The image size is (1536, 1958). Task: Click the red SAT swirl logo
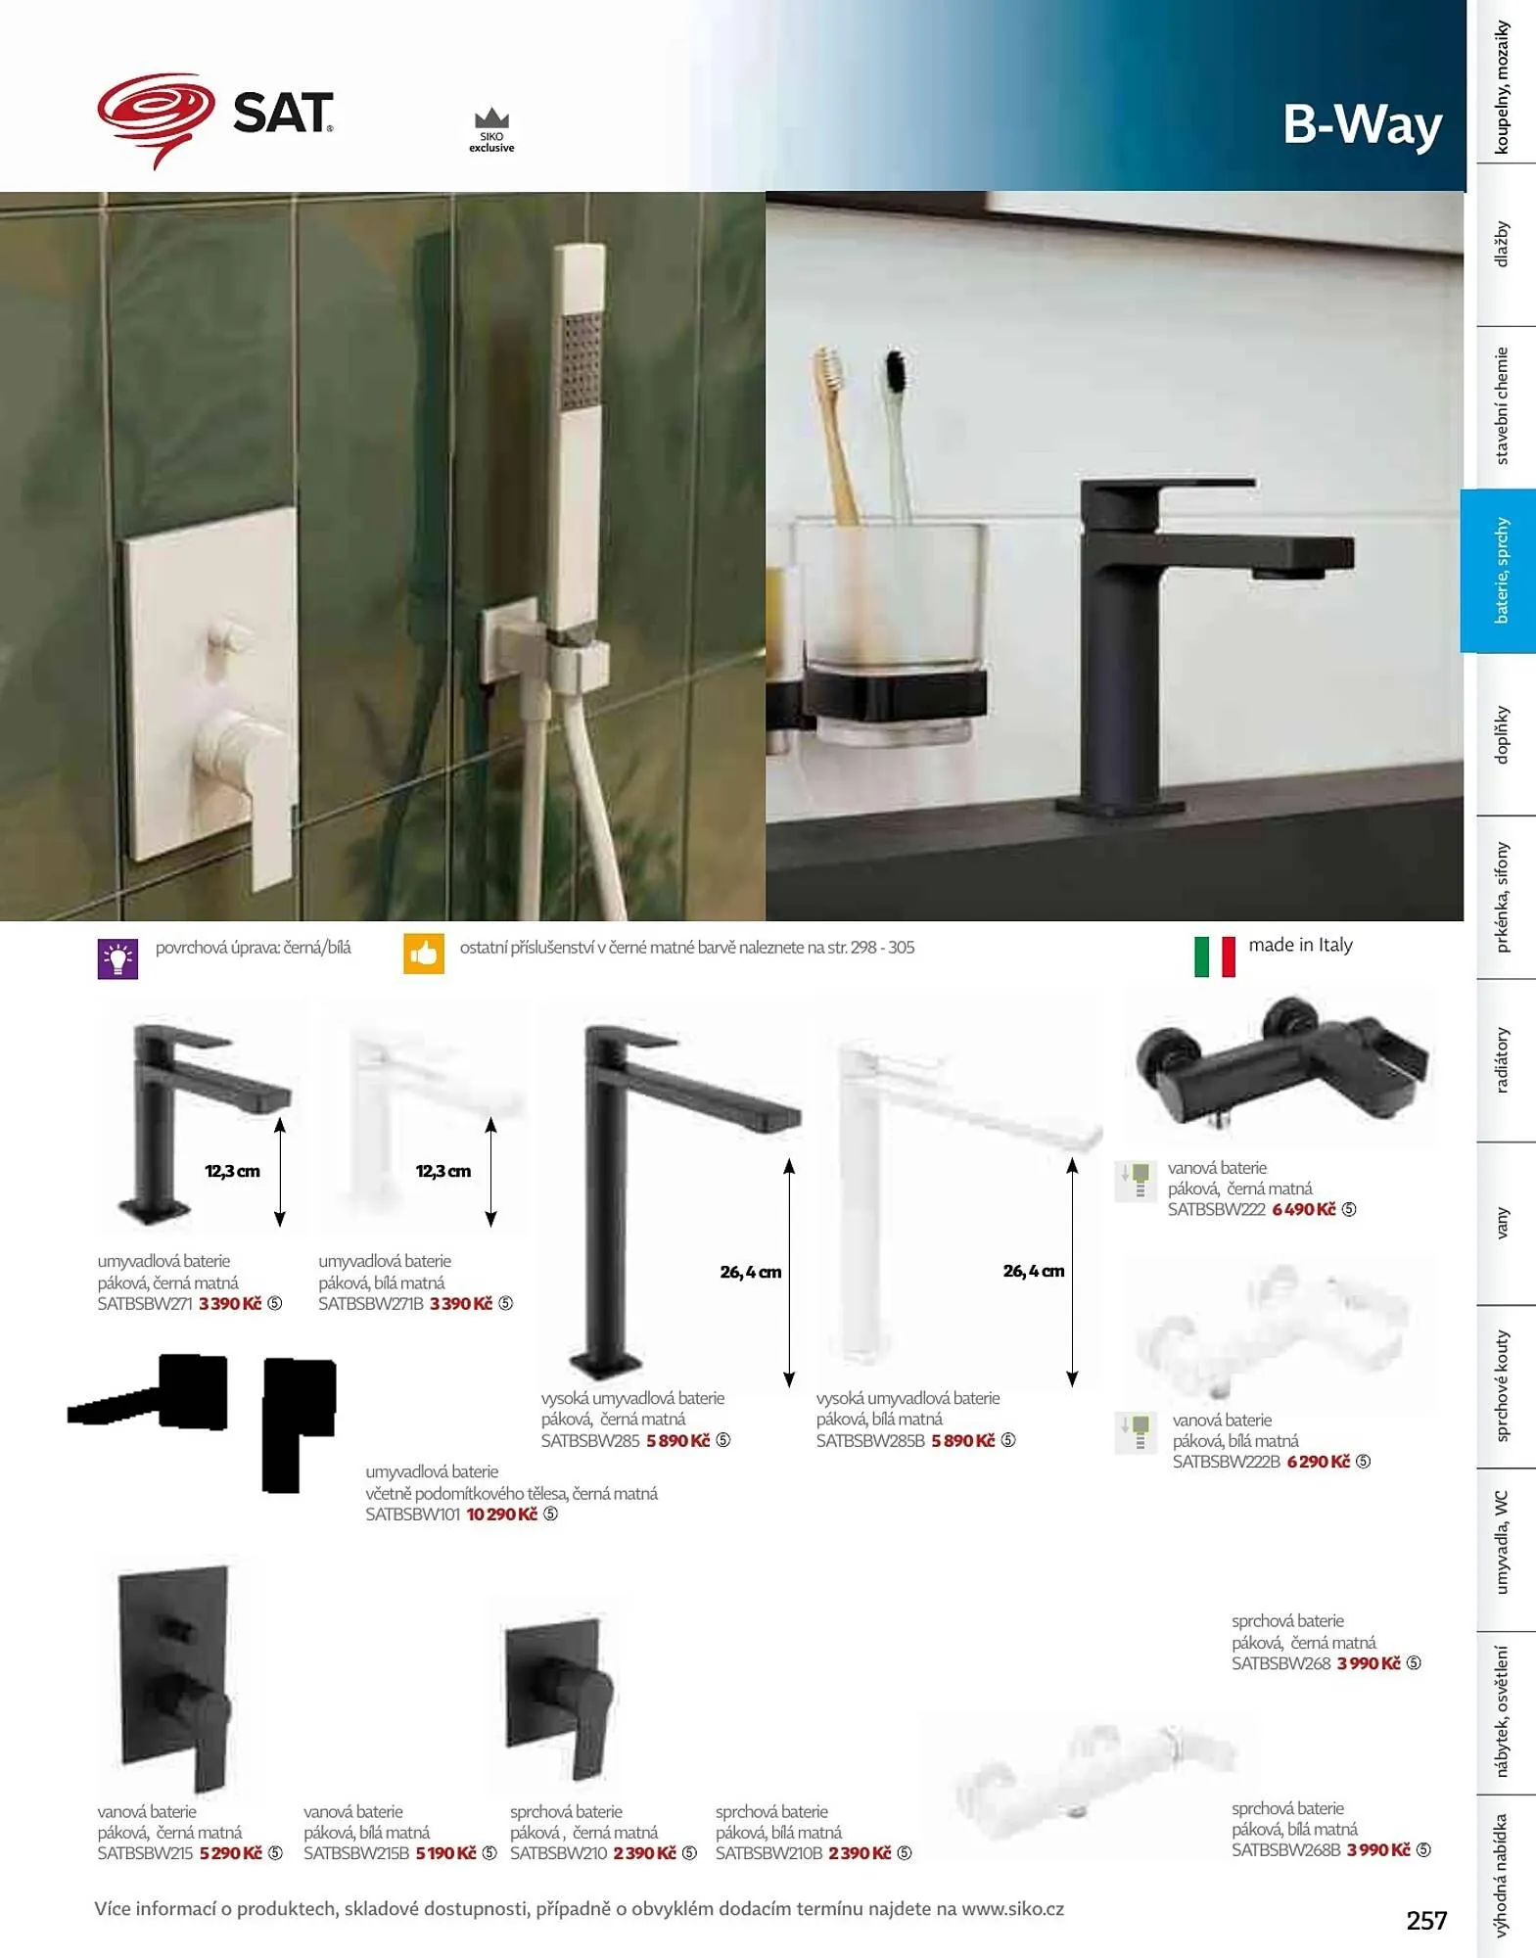(156, 117)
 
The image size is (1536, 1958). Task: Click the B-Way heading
(1362, 124)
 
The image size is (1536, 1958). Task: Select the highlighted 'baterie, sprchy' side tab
(1498, 571)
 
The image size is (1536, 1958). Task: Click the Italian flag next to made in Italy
(1214, 956)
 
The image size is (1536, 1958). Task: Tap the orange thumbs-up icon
(424, 954)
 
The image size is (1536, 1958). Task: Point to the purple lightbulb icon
(117, 959)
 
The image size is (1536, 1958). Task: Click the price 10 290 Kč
(502, 1515)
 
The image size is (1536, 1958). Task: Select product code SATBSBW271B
(371, 1304)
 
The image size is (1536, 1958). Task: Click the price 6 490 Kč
(1304, 1210)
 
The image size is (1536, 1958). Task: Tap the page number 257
(1426, 1921)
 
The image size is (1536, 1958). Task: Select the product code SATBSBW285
(590, 1441)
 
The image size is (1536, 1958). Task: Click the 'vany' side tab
(1502, 1224)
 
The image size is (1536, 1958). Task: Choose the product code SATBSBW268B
(1286, 1850)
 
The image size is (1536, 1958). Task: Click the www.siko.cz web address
(1012, 1909)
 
